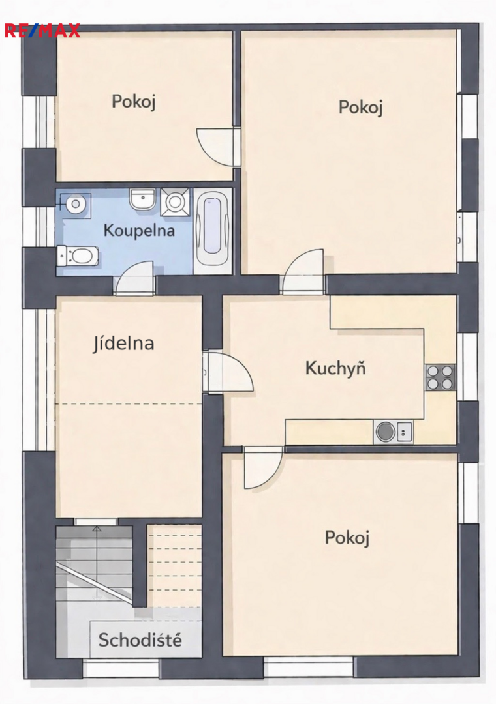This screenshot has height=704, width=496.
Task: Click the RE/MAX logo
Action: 42,31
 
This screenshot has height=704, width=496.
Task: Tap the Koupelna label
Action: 139,230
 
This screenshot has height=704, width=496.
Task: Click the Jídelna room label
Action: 123,344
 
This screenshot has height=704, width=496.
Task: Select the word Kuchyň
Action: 335,368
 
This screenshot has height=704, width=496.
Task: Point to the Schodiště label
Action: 140,640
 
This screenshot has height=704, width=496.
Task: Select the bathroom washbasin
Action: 142,199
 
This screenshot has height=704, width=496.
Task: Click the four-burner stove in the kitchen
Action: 441,377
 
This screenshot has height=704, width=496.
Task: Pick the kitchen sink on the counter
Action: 393,432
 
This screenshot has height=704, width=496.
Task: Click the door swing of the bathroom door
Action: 134,278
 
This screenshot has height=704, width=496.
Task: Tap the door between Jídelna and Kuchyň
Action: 227,372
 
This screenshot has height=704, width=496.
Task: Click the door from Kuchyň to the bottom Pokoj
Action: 263,467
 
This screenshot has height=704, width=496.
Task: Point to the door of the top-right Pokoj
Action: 302,272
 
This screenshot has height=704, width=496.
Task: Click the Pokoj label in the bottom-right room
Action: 347,538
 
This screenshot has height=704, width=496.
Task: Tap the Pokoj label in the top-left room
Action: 134,102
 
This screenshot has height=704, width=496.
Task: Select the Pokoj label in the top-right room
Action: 361,108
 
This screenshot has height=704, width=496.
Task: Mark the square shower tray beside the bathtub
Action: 174,201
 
